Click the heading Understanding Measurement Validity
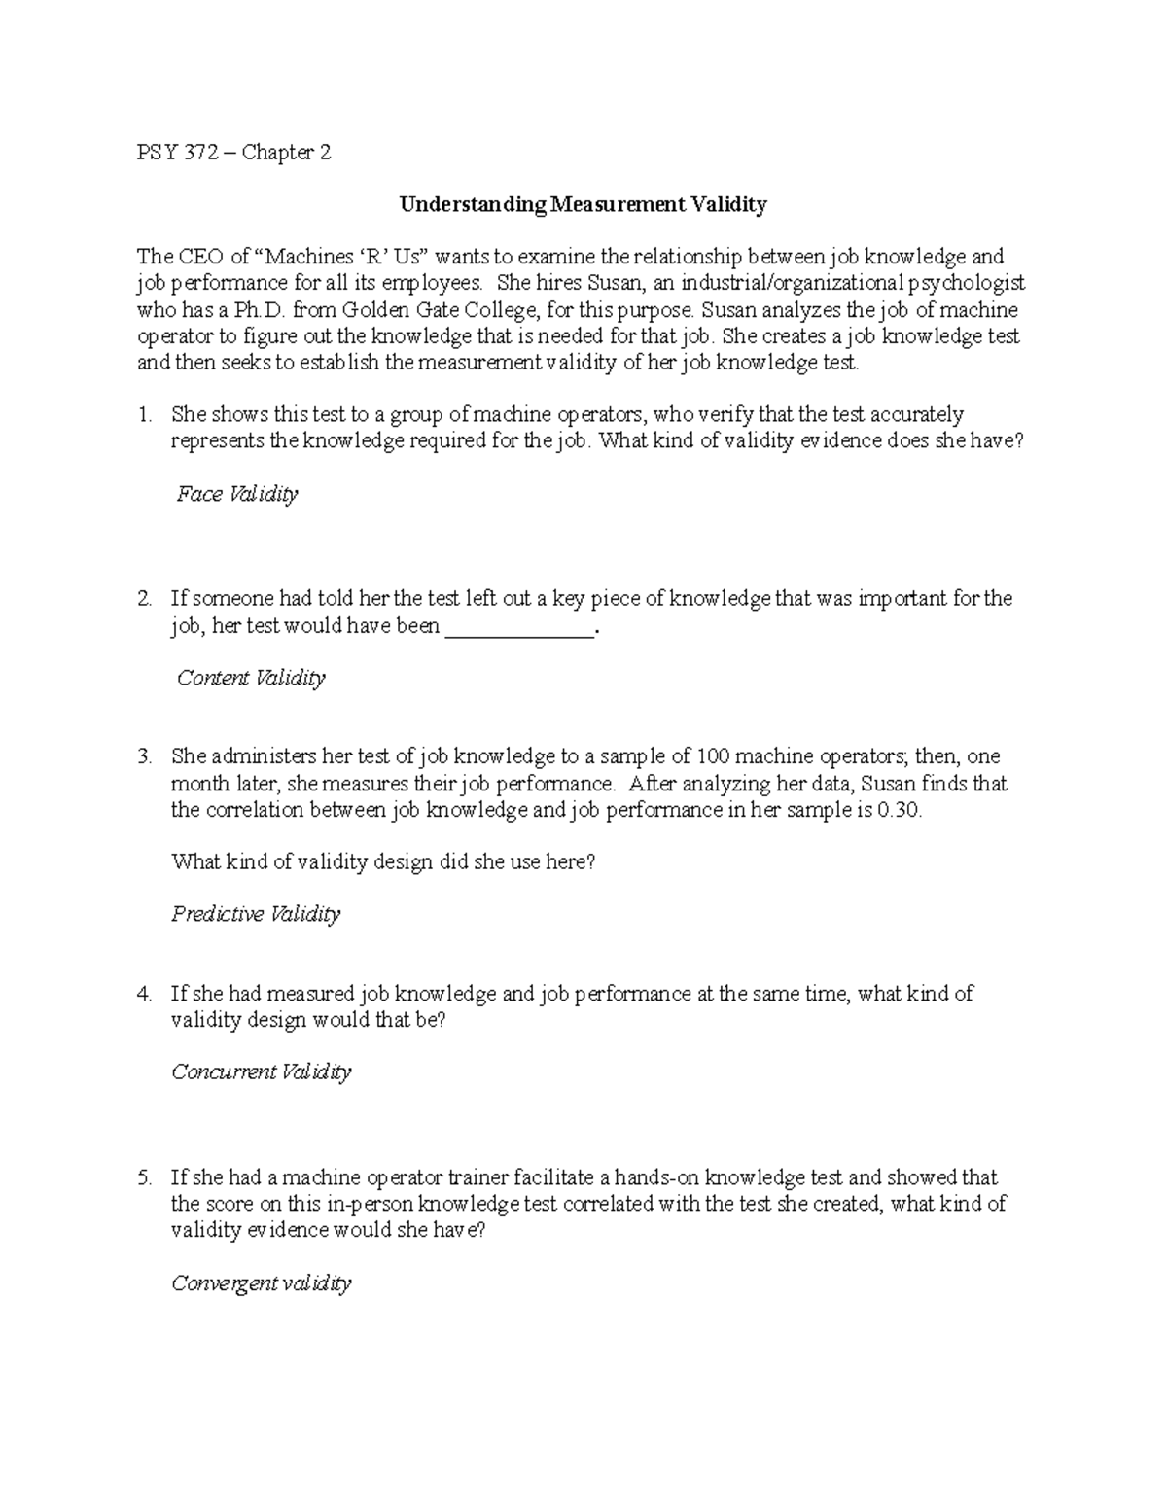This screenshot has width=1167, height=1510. pyautogui.click(x=583, y=204)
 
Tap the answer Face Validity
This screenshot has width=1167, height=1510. pyautogui.click(x=236, y=494)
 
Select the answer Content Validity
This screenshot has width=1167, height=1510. pyautogui.click(x=250, y=678)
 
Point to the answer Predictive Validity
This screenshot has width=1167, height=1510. pyautogui.click(x=256, y=914)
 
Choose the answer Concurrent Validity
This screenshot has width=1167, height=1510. pyautogui.click(x=261, y=1071)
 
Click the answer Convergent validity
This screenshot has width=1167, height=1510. pyautogui.click(x=261, y=1283)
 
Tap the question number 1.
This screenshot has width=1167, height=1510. pyautogui.click(x=144, y=415)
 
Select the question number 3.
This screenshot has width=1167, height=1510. pyautogui.click(x=144, y=756)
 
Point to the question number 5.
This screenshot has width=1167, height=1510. pyautogui.click(x=144, y=1177)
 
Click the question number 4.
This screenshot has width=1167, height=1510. pyautogui.click(x=144, y=994)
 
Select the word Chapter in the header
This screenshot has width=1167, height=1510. pyautogui.click(x=278, y=153)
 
